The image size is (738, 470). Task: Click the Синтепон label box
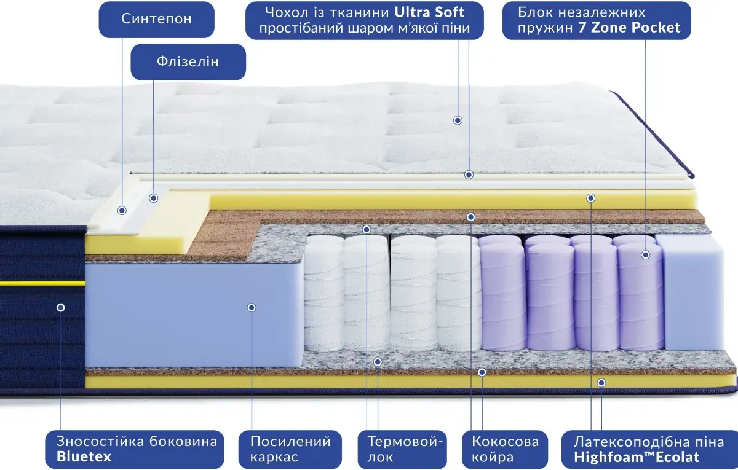coord(156,19)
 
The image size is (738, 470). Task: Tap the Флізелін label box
coord(188,61)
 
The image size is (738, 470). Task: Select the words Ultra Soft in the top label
coord(430,12)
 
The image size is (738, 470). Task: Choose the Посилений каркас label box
coord(290,448)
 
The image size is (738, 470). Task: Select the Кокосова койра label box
coord(505,448)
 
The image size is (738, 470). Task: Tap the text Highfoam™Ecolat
coord(637,457)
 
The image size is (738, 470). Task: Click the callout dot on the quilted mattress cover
coord(458,120)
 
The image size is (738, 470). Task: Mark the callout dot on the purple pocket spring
coord(646,254)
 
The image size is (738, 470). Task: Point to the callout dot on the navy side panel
coord(60,307)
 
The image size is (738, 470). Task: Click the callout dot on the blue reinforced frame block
coord(251,307)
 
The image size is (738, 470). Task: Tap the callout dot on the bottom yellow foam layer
coord(601,382)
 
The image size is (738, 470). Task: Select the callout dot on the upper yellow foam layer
coord(591,198)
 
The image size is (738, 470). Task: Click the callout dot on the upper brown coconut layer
coord(471,217)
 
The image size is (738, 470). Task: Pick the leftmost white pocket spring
coord(323,295)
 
